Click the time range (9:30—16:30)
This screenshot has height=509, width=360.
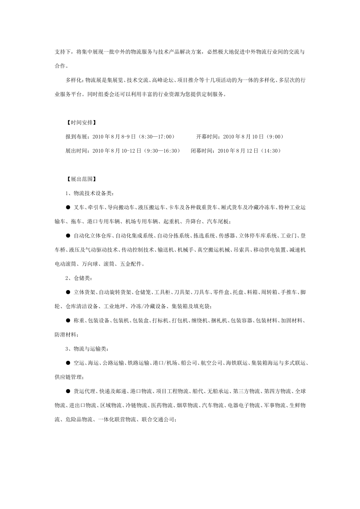160,151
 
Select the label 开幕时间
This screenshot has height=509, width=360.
207,137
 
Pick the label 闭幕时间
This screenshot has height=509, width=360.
202,151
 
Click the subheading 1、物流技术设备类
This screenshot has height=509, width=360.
89,193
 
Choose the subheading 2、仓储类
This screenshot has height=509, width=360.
78,278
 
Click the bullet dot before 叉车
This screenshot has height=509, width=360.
68,207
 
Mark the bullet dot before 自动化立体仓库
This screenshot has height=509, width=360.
68,236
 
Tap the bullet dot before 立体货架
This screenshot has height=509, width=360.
68,292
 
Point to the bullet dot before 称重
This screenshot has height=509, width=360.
68,321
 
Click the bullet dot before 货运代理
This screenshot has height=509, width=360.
68,391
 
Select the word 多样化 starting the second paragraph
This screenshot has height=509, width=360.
74,80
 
